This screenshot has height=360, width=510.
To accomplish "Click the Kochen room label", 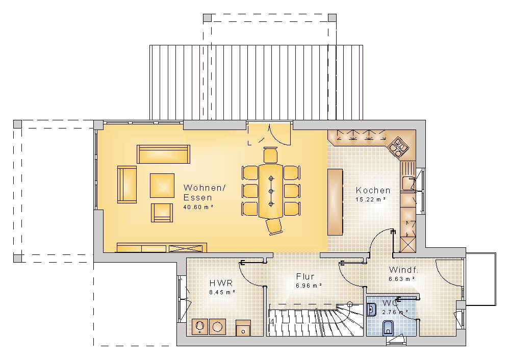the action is click(x=373, y=190).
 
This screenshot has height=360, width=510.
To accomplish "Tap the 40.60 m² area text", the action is click(x=198, y=207).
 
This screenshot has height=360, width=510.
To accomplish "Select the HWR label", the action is click(x=221, y=283).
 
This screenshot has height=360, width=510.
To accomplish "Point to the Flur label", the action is click(x=305, y=276).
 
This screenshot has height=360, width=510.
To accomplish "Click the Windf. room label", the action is click(x=403, y=270).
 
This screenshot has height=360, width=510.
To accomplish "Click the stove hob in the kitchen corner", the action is click(x=398, y=146).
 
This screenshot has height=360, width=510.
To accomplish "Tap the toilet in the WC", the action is click(x=388, y=328).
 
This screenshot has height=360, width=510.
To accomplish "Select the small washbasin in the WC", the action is click(x=371, y=310).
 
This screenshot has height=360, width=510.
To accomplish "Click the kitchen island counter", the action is click(x=335, y=201).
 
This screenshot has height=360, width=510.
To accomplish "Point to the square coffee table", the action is click(x=162, y=186).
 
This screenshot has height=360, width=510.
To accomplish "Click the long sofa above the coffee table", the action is click(x=163, y=154).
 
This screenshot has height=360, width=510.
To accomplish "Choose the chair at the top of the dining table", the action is click(x=271, y=155).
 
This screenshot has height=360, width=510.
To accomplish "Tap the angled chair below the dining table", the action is click(x=274, y=226).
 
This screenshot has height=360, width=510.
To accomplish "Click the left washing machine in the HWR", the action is click(x=200, y=326).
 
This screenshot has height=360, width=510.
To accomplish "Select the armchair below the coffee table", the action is click(x=162, y=213).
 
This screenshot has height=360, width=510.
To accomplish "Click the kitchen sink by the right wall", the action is click(x=407, y=184).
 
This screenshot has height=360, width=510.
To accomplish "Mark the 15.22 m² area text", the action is click(x=371, y=199).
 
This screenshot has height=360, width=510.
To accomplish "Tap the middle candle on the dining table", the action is click(x=271, y=191).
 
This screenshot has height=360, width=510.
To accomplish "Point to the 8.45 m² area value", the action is click(x=222, y=292).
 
